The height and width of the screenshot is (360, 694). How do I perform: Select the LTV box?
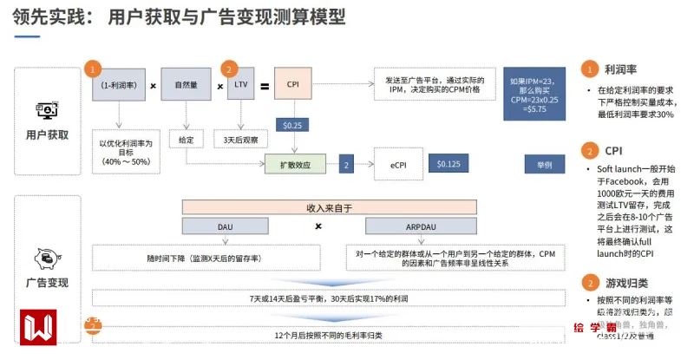pyautogui.click(x=240, y=85)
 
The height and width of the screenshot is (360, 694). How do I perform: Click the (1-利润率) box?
pyautogui.click(x=120, y=85)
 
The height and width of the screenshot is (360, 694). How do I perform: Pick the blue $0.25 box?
pyautogui.click(x=291, y=125)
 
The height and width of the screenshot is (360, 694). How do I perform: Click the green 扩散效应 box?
pyautogui.click(x=294, y=163)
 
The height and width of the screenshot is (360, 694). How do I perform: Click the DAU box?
pyautogui.click(x=225, y=226)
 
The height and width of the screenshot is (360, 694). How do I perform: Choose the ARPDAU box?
pyautogui.click(x=409, y=226)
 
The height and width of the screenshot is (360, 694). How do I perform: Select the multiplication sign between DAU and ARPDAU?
pyautogui.click(x=318, y=226)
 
